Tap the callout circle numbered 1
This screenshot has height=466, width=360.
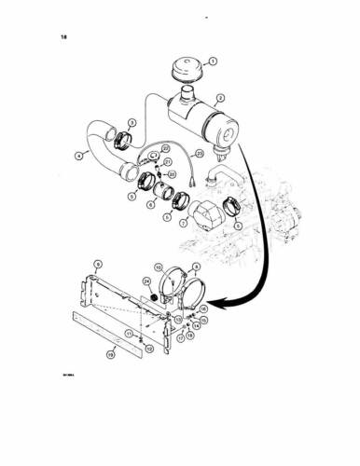(x=213, y=62)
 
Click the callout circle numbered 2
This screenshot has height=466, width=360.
(x=221, y=97)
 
